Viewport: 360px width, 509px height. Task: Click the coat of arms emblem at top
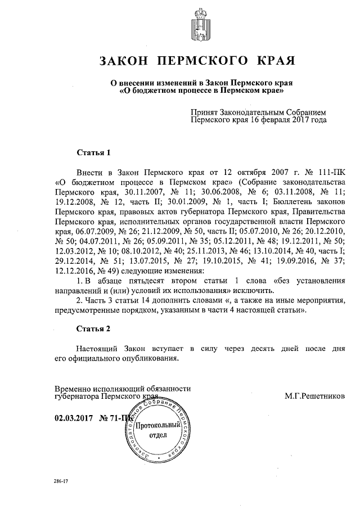pos(200,23)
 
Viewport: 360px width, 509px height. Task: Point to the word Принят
pos(206,112)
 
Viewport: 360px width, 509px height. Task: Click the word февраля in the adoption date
pos(272,119)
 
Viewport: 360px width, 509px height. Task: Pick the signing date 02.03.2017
pos(74,418)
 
